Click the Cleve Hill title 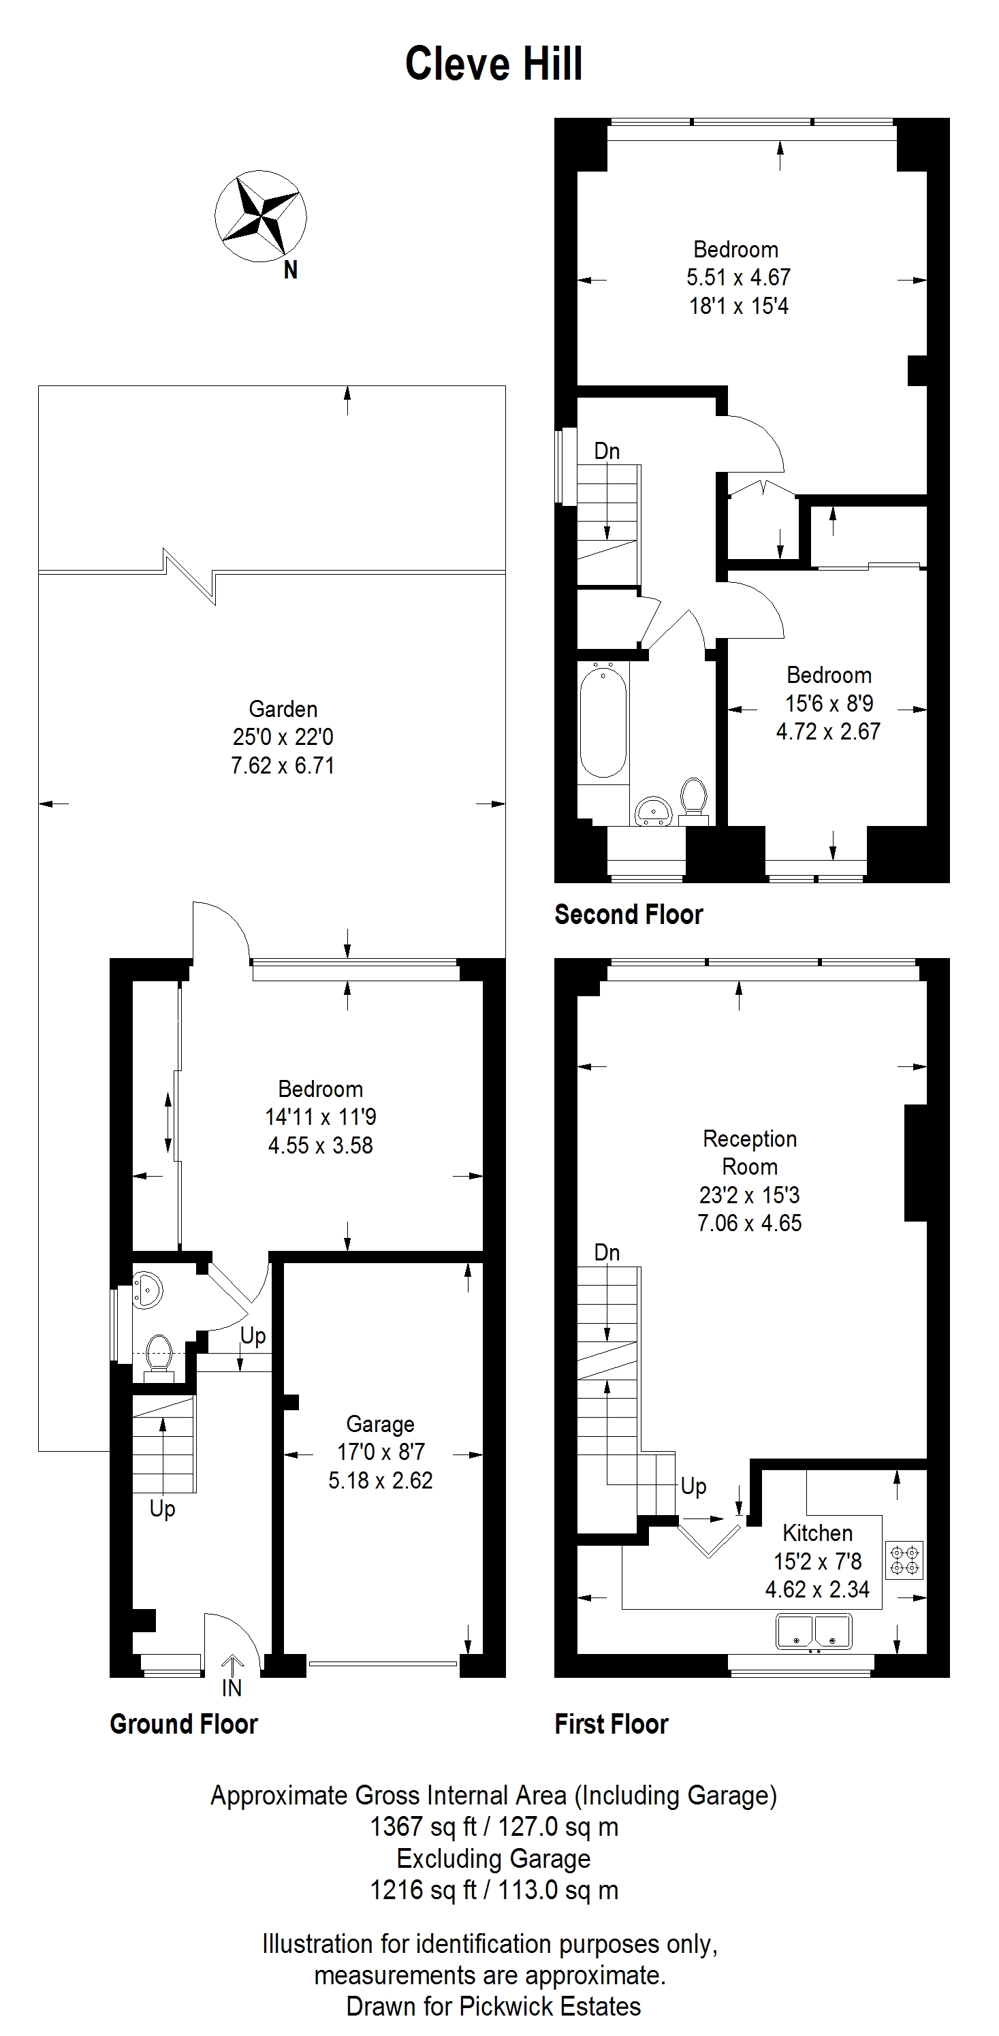494,64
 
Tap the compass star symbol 261,215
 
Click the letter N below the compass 291,270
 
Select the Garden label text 283,709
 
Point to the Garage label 380,1425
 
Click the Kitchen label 817,1533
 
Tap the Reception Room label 750,1152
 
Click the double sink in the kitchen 813,1632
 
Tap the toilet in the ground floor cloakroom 159,1354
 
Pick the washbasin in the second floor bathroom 653,810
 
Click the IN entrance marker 232,1687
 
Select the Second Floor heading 629,914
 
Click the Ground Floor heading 183,1724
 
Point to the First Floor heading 611,1724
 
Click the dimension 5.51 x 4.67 738,277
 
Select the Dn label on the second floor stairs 606,451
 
